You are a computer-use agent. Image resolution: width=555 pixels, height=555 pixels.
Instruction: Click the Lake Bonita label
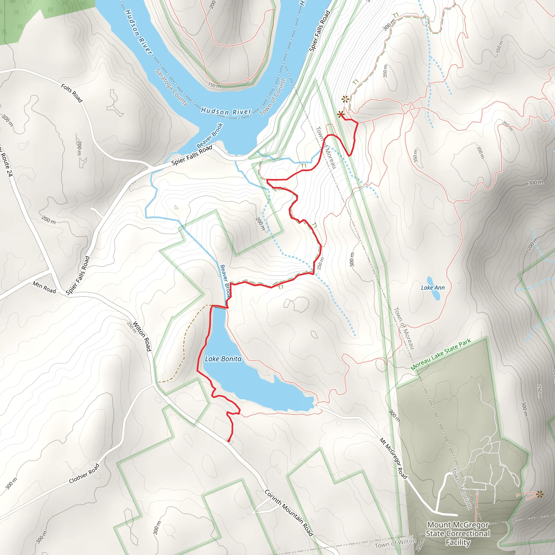tap(223, 359)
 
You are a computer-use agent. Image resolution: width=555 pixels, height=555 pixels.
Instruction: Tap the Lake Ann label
tap(433, 288)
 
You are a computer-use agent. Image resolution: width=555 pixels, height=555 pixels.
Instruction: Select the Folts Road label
tap(72, 93)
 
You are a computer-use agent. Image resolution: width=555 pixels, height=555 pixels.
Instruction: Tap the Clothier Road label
tap(84, 473)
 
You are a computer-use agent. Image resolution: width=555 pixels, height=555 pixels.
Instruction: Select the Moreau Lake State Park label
tap(441, 354)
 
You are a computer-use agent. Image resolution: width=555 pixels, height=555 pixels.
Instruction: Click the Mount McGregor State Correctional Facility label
tap(458, 533)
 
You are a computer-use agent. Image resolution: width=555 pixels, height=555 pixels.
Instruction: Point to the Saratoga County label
tap(172, 87)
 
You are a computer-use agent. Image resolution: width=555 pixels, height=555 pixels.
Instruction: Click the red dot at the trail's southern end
tap(229, 440)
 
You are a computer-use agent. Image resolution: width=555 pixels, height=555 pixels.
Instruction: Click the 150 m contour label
tap(215, 85)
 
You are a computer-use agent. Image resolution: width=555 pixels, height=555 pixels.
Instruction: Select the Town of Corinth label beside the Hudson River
tap(273, 96)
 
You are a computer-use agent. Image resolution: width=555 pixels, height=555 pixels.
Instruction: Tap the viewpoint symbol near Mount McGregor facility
tap(540, 494)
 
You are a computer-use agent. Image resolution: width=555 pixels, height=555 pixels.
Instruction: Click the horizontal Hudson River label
tap(226, 111)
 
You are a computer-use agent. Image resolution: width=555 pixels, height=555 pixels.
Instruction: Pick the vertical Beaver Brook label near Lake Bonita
tap(225, 281)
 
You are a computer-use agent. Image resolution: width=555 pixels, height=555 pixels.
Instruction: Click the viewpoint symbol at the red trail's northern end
tap(341, 114)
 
